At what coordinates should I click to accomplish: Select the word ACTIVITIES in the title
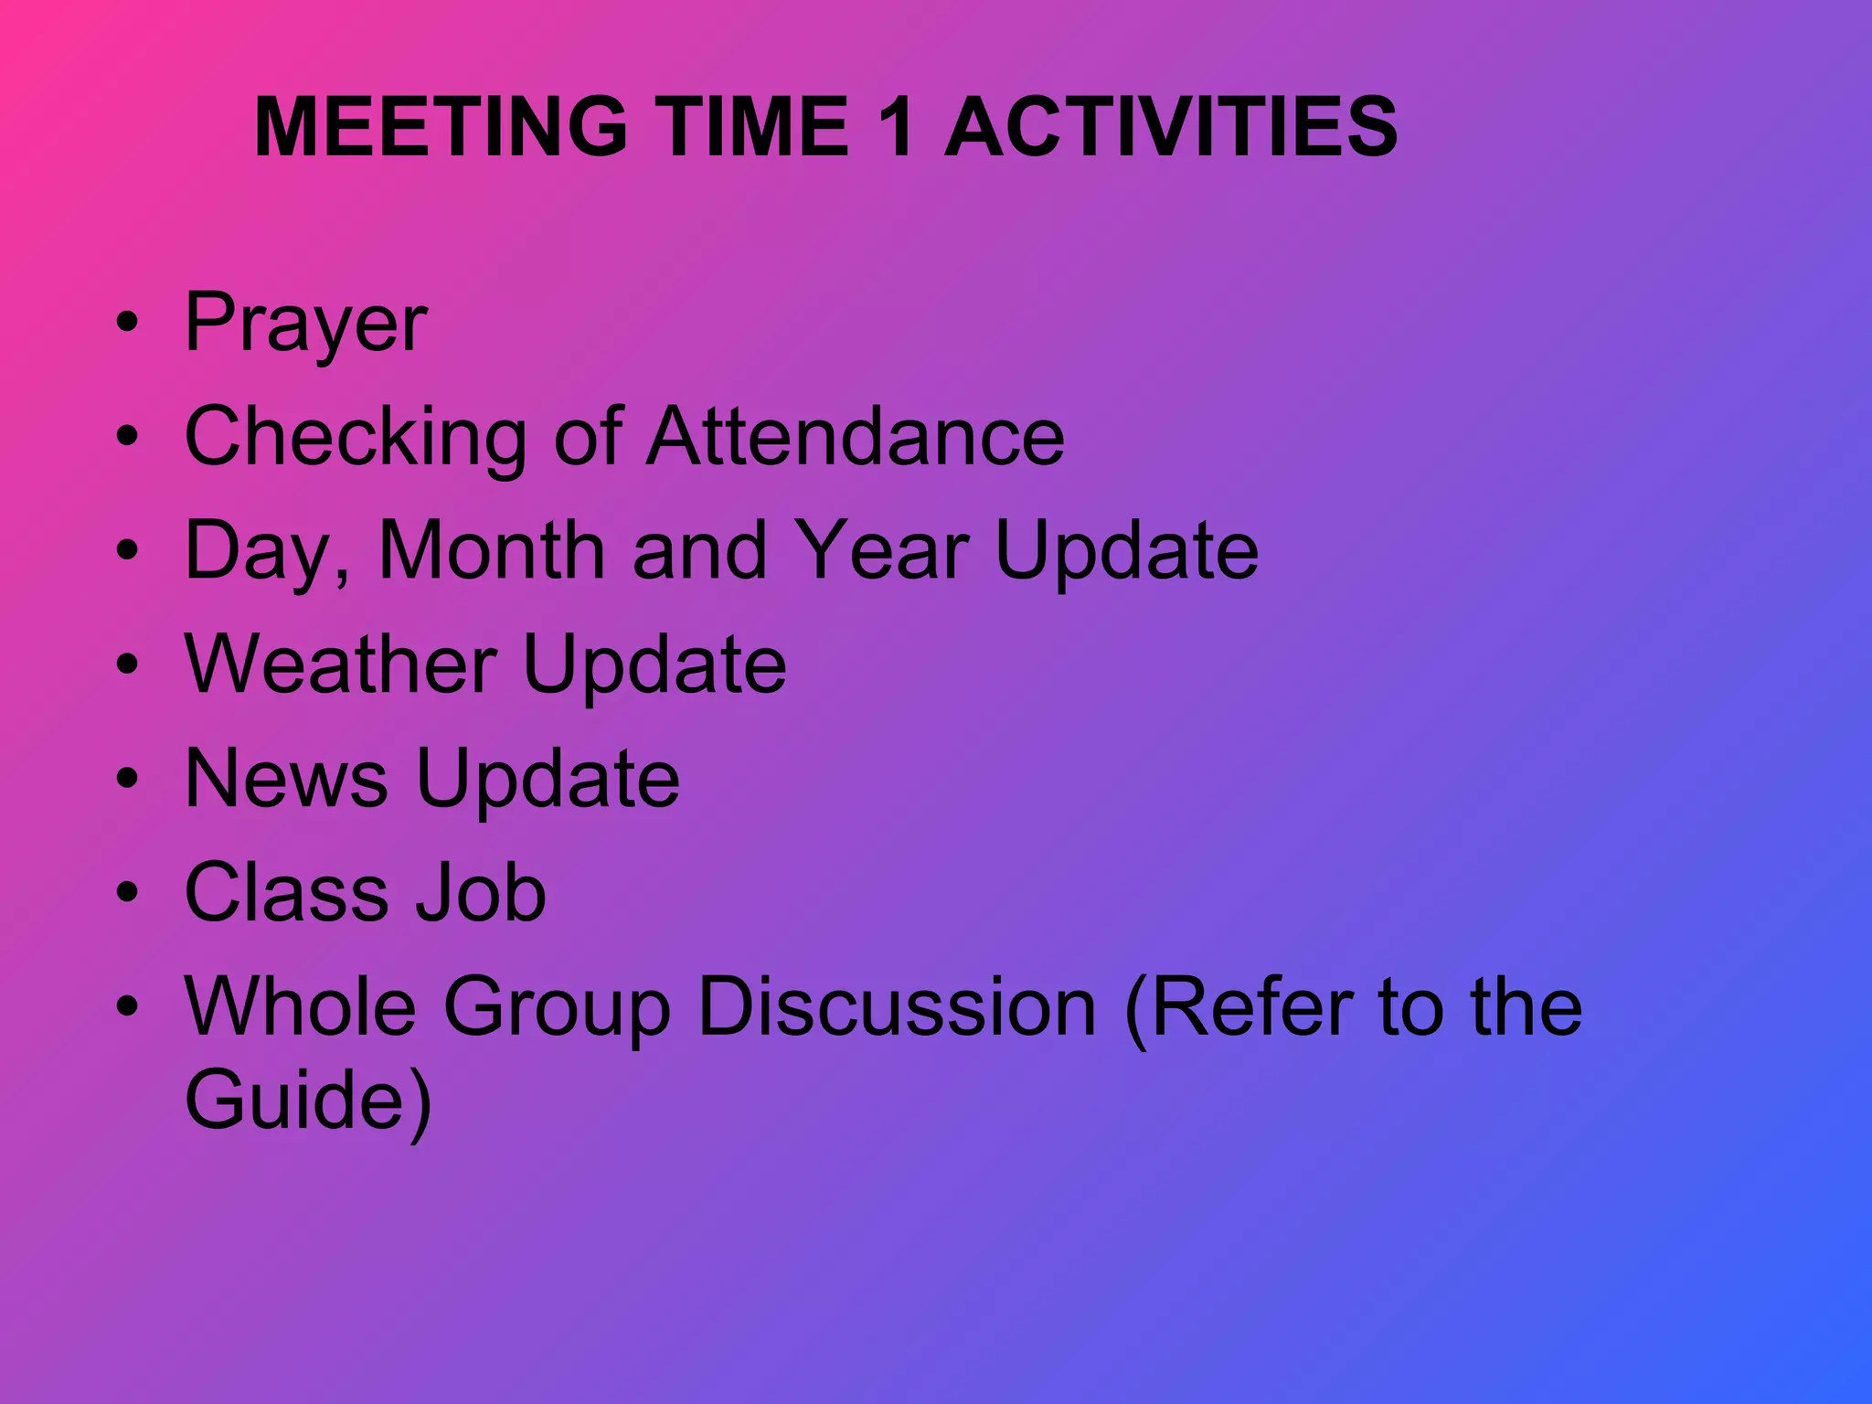1170,127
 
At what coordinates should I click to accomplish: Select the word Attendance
856,436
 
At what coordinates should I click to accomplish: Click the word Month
492,550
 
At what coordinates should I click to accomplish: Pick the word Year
880,550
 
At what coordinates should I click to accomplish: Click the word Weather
341,664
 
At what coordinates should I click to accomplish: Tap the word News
286,778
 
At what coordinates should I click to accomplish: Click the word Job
481,892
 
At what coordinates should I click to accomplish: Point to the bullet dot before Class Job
128,891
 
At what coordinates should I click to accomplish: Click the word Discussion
896,1006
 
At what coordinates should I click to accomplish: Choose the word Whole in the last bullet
301,1006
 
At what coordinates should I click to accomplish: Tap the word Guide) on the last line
308,1101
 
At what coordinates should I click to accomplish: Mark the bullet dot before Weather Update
128,664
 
